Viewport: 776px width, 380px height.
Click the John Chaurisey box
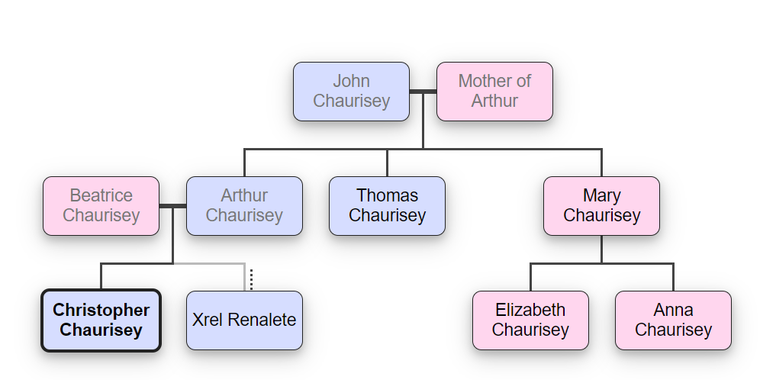[x=351, y=91]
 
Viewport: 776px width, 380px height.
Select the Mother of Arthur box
[x=494, y=91]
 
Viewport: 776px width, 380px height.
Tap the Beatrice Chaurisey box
[x=101, y=205]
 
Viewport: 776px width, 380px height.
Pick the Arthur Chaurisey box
[x=244, y=205]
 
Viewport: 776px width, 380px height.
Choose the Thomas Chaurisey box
[x=387, y=205]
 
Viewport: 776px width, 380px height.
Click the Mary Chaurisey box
[x=601, y=205]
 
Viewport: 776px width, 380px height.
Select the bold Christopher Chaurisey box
[x=101, y=320]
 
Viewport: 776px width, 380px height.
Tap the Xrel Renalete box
[x=244, y=320]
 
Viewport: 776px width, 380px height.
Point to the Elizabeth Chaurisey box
[x=530, y=320]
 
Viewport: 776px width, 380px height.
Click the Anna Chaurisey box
[x=673, y=320]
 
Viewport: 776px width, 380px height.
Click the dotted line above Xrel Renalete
[x=251, y=279]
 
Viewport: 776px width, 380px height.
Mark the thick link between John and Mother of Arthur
[x=423, y=92]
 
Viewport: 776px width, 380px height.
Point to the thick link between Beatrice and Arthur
[x=172, y=206]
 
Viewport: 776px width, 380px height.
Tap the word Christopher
[x=101, y=310]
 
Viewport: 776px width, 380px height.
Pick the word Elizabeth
[x=530, y=310]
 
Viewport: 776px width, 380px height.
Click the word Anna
[x=673, y=310]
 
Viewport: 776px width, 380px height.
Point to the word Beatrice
[x=101, y=195]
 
